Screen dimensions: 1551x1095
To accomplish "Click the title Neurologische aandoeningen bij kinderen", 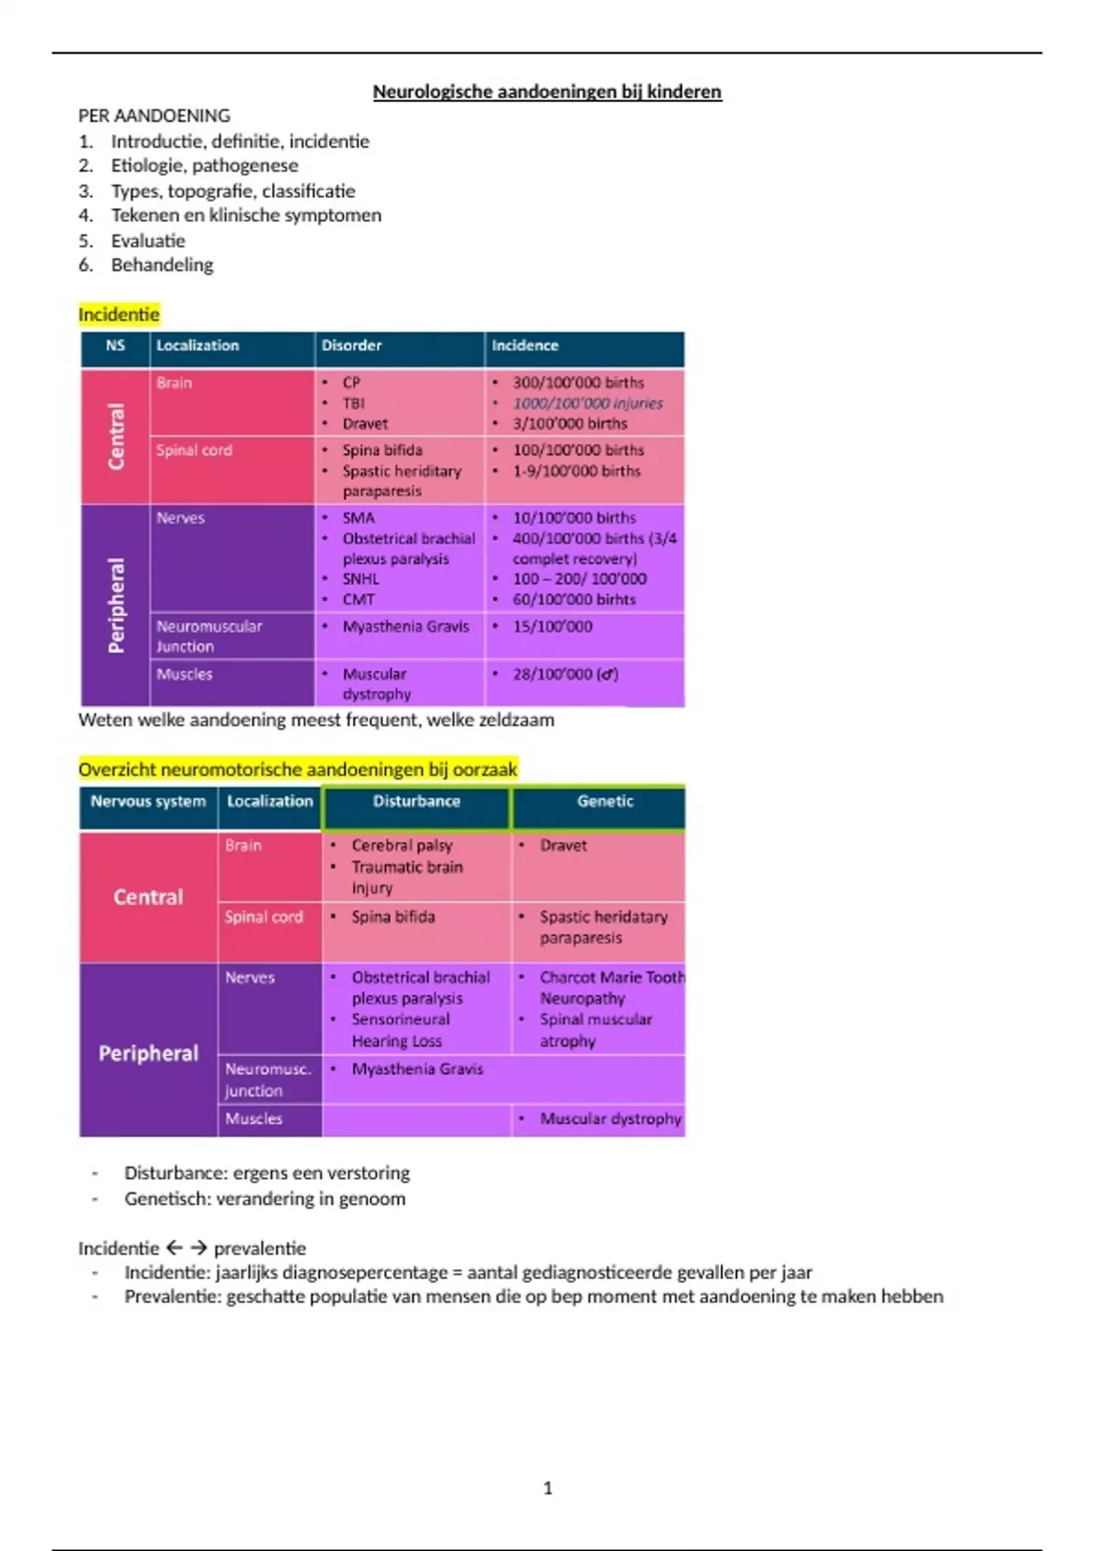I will pyautogui.click(x=547, y=92).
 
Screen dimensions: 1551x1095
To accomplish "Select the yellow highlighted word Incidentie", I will pyautogui.click(x=119, y=315).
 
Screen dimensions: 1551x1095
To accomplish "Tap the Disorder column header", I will pyautogui.click(x=351, y=346).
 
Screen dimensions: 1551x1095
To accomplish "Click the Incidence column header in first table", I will pyautogui.click(x=525, y=346).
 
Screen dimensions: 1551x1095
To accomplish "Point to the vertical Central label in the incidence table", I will pyautogui.click(x=116, y=437).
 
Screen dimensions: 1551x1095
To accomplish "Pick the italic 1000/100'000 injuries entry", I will pyautogui.click(x=587, y=403).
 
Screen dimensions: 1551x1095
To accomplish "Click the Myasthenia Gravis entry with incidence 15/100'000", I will pyautogui.click(x=405, y=627).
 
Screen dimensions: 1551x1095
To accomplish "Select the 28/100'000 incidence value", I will pyautogui.click(x=565, y=674).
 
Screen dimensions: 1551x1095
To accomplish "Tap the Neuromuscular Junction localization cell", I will pyautogui.click(x=209, y=636).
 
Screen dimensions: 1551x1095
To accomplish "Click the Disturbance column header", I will pyautogui.click(x=416, y=801).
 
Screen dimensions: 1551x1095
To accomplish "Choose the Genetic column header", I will pyautogui.click(x=605, y=801).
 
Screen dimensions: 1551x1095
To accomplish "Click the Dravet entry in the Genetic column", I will pyautogui.click(x=563, y=846).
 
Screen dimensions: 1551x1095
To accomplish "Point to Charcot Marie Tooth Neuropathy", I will pyautogui.click(x=611, y=987).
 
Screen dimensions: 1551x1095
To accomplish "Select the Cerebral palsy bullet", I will pyautogui.click(x=401, y=846).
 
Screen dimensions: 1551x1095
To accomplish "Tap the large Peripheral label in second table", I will pyautogui.click(x=148, y=1053).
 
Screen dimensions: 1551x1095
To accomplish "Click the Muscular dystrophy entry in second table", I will pyautogui.click(x=610, y=1119).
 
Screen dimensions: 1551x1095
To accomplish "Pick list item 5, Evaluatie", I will pyautogui.click(x=148, y=241).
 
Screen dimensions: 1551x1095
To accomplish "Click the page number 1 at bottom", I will pyautogui.click(x=547, y=1488).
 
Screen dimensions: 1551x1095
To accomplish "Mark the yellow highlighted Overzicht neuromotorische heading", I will pyautogui.click(x=297, y=769).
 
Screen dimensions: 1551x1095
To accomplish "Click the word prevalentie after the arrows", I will pyautogui.click(x=260, y=1248).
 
